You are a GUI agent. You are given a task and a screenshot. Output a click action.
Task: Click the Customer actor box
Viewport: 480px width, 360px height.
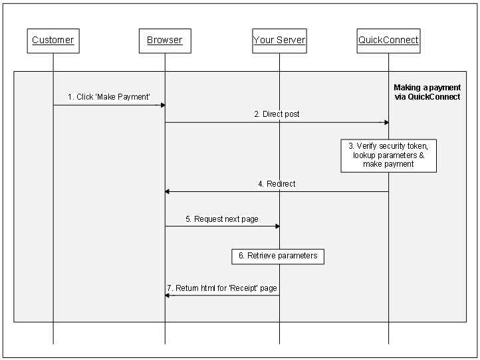coord(53,41)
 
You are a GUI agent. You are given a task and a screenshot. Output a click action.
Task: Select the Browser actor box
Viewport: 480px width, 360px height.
coord(165,41)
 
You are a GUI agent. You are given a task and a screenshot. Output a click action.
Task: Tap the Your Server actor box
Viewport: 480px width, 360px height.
coord(279,41)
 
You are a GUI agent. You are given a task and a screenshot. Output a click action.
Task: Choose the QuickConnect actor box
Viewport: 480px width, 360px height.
coord(388,41)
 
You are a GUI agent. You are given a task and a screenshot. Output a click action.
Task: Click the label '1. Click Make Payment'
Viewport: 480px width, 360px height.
coord(109,97)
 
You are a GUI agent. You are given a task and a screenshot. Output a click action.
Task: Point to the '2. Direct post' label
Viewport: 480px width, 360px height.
coord(277,114)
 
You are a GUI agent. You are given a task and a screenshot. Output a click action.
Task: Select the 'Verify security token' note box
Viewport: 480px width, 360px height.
coord(388,155)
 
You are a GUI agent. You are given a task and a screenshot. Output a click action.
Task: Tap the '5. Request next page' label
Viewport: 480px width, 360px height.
coord(221,219)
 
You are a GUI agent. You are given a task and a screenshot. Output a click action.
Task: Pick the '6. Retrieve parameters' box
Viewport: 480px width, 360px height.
coord(278,256)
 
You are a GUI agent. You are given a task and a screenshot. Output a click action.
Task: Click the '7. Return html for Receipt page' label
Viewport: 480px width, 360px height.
coord(222,288)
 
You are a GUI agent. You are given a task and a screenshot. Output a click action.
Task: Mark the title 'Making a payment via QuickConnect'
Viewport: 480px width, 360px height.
coord(427,92)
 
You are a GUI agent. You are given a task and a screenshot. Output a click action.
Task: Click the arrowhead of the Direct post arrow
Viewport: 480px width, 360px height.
coord(385,122)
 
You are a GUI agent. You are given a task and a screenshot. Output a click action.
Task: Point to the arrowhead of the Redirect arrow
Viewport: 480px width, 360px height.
coord(168,191)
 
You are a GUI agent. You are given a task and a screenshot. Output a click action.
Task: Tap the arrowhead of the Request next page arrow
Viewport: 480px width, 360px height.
coord(276,226)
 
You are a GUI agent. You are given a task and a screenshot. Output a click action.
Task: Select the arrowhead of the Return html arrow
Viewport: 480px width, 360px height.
coord(168,296)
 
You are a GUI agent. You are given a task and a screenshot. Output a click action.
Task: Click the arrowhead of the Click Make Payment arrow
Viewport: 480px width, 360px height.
coord(162,105)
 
